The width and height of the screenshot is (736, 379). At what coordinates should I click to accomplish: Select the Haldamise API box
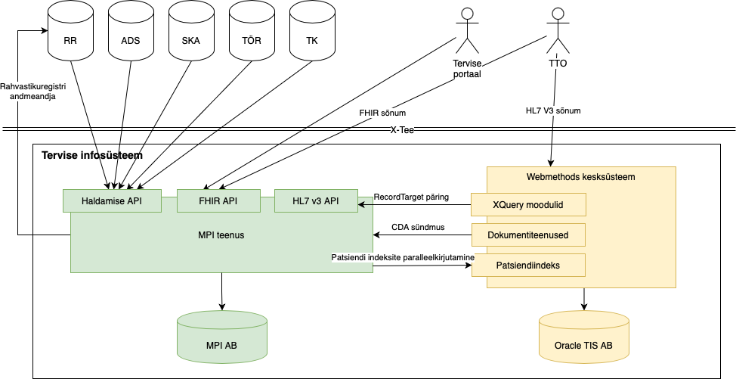pyautogui.click(x=112, y=200)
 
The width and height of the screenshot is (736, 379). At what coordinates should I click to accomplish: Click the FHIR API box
pyautogui.click(x=218, y=200)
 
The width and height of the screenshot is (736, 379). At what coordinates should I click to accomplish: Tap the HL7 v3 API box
pyautogui.click(x=316, y=200)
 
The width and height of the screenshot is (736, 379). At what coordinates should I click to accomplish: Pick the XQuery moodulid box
pyautogui.click(x=528, y=205)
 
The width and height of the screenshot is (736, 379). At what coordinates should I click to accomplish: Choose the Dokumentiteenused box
pyautogui.click(x=528, y=235)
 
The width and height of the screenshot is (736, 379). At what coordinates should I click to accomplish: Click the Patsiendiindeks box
pyautogui.click(x=528, y=266)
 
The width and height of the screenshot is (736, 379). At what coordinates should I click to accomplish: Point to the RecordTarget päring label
pyautogui.click(x=411, y=197)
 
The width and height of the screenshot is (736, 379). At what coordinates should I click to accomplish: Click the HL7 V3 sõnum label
pyautogui.click(x=553, y=111)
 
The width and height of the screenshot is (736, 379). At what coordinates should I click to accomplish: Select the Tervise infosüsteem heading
pyautogui.click(x=92, y=156)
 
